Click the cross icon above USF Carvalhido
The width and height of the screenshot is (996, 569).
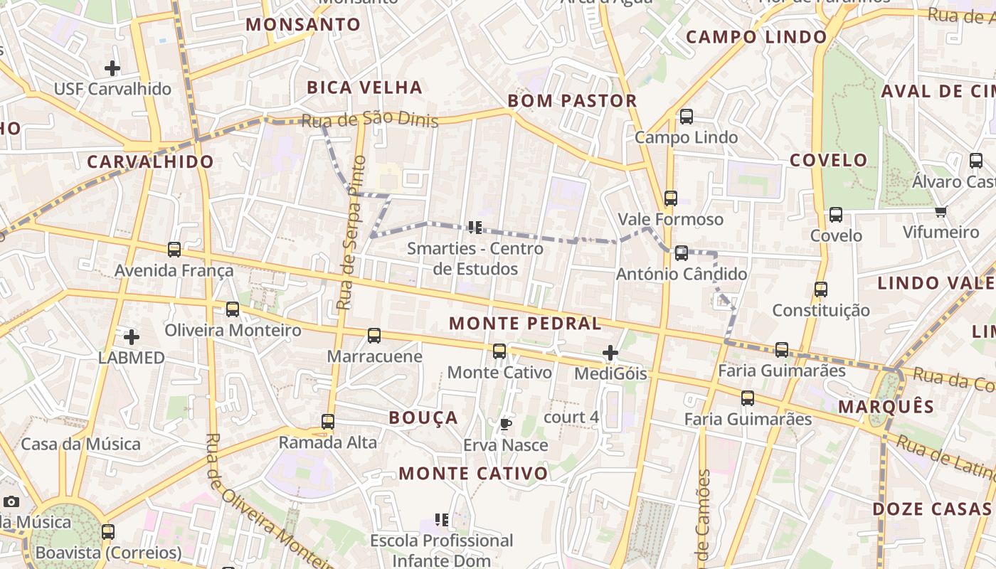pyautogui.click(x=112, y=68)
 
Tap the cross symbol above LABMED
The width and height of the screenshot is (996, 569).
pyautogui.click(x=131, y=336)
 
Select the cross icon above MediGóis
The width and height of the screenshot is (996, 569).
pyautogui.click(x=610, y=352)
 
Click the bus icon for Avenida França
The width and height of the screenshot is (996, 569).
pyautogui.click(x=174, y=250)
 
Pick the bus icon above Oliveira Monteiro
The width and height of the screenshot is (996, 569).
pyautogui.click(x=233, y=309)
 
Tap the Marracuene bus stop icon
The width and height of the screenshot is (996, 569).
pyautogui.click(x=374, y=336)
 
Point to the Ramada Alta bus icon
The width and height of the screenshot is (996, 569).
pyautogui.click(x=328, y=422)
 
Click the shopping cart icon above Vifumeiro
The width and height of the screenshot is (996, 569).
pyautogui.click(x=941, y=211)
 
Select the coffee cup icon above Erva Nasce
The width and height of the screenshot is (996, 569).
pyautogui.click(x=506, y=425)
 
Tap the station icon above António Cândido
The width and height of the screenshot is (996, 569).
pyautogui.click(x=682, y=252)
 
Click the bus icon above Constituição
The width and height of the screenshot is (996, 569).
pyautogui.click(x=821, y=289)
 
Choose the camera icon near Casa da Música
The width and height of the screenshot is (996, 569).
pyautogui.click(x=11, y=501)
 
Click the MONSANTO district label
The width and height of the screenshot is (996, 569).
pyautogui.click(x=304, y=25)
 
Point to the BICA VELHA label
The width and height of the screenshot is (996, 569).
pyautogui.click(x=364, y=87)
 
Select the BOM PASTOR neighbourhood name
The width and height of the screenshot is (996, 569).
pyautogui.click(x=572, y=101)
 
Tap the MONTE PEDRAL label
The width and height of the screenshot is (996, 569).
pyautogui.click(x=525, y=324)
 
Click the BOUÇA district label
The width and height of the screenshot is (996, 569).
pyautogui.click(x=423, y=418)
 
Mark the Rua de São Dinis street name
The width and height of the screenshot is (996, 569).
pyautogui.click(x=370, y=119)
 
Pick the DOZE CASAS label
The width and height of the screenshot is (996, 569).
pyautogui.click(x=931, y=509)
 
